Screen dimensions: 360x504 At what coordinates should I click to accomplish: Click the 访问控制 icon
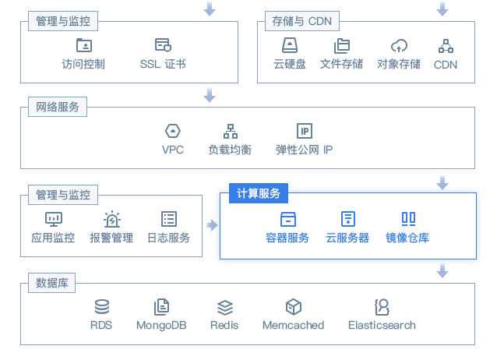pyautogui.click(x=83, y=44)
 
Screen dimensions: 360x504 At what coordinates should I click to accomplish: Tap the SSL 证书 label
pyautogui.click(x=163, y=64)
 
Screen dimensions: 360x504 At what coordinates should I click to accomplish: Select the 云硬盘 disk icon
pyautogui.click(x=290, y=45)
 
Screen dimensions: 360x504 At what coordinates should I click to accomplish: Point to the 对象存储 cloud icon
pyautogui.click(x=399, y=45)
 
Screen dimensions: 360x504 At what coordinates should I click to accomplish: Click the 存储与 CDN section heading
pyautogui.click(x=298, y=21)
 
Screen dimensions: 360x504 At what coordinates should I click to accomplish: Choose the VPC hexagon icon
pyautogui.click(x=173, y=130)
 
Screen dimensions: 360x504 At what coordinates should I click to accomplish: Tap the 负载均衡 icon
pyautogui.click(x=230, y=130)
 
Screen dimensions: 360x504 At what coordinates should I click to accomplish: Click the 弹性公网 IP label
pyautogui.click(x=304, y=149)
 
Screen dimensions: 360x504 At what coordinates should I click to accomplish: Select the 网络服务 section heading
pyautogui.click(x=58, y=107)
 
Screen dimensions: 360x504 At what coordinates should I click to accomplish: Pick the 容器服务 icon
pyautogui.click(x=287, y=218)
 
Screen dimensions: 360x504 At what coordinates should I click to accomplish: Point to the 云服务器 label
pyautogui.click(x=347, y=238)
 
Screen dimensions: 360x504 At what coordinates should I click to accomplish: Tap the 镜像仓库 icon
pyautogui.click(x=408, y=218)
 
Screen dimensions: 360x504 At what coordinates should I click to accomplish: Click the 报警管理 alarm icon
pyautogui.click(x=112, y=219)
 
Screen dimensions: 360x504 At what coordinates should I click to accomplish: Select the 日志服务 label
pyautogui.click(x=168, y=238)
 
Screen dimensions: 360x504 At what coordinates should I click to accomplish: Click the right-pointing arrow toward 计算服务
pyautogui.click(x=211, y=225)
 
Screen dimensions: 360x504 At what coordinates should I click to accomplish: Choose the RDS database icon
pyautogui.click(x=101, y=306)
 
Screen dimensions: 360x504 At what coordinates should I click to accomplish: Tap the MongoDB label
pyautogui.click(x=161, y=325)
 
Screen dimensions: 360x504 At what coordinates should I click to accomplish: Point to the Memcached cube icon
pyautogui.click(x=293, y=306)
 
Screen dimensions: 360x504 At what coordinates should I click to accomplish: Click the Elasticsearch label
pyautogui.click(x=382, y=325)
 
